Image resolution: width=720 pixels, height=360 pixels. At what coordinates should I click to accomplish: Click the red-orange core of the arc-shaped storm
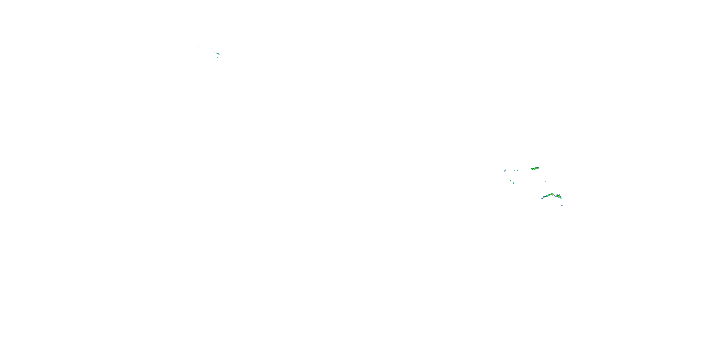(x=552, y=195)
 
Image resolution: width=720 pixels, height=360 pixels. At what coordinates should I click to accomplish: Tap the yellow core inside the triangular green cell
(x=558, y=196)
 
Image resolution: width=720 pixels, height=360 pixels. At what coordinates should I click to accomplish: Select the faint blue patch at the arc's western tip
(x=542, y=198)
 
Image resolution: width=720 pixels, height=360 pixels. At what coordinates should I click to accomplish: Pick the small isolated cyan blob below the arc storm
(x=562, y=206)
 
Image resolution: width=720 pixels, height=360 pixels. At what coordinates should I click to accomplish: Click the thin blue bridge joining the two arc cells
(x=555, y=196)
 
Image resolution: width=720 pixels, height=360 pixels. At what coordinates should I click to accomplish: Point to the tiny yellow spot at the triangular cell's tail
(x=560, y=198)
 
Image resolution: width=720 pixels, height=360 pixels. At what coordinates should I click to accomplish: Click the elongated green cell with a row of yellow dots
(x=535, y=168)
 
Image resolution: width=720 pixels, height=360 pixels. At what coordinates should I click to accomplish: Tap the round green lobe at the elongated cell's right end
(x=538, y=168)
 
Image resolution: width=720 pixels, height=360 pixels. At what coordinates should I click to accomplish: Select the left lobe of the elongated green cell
(x=533, y=169)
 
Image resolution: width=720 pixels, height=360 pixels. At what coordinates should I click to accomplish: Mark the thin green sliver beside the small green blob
(x=515, y=170)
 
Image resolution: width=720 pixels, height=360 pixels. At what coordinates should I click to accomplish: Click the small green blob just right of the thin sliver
(x=517, y=170)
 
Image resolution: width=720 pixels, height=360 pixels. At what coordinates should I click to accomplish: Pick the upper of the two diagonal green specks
(x=510, y=181)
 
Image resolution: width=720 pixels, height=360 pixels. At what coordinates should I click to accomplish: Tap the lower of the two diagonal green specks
(x=514, y=184)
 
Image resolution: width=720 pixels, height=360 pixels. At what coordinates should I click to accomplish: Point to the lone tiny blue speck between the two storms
(x=545, y=181)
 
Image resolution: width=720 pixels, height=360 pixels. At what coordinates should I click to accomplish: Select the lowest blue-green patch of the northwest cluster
(x=218, y=57)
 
